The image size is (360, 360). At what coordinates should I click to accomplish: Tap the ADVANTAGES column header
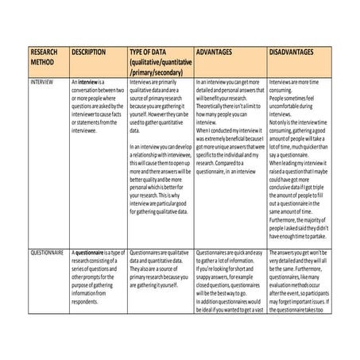point(214,51)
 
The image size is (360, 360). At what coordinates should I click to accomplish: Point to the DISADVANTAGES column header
point(296,51)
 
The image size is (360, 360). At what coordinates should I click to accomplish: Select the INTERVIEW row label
point(41,82)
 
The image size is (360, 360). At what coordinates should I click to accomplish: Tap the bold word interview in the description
point(90,82)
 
